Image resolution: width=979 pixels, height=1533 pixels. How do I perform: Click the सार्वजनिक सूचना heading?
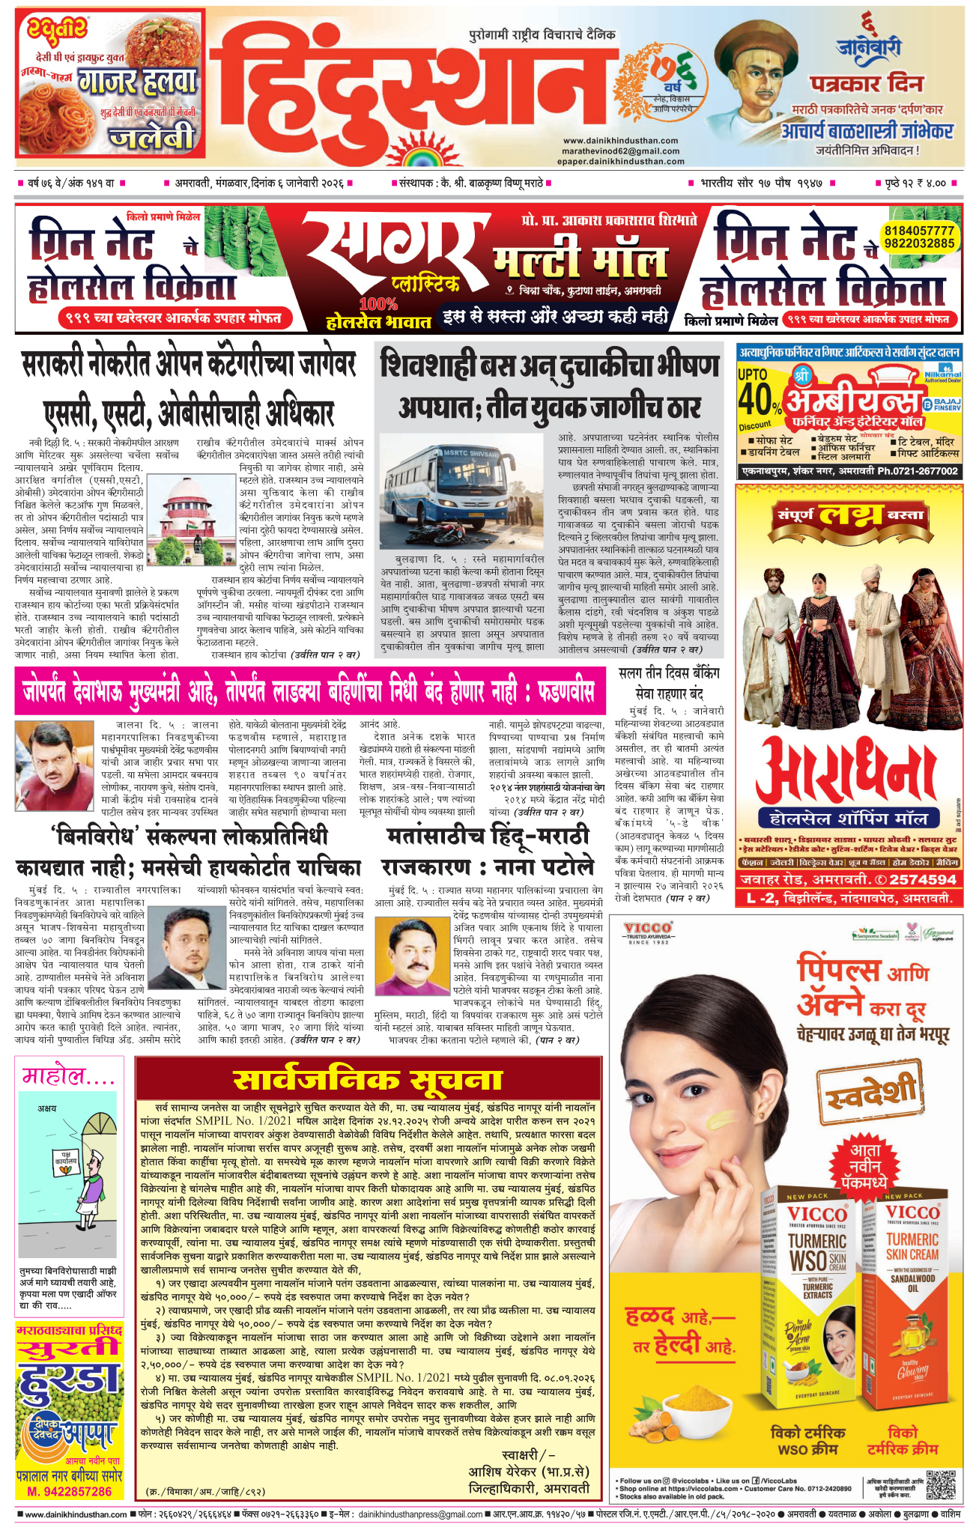click(x=367, y=1081)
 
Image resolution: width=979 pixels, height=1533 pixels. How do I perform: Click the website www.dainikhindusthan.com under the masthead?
click(x=620, y=140)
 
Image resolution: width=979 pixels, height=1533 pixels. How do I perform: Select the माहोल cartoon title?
click(x=69, y=1076)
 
